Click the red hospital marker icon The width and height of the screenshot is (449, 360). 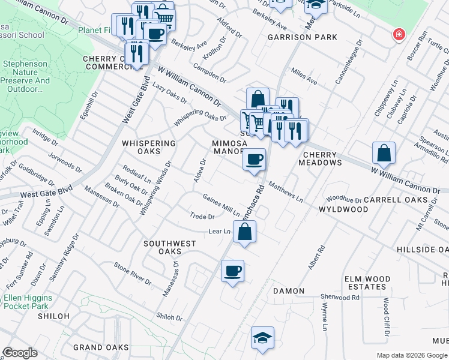[397, 35]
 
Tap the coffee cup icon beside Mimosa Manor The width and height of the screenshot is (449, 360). [255, 160]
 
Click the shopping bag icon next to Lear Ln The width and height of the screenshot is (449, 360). [245, 232]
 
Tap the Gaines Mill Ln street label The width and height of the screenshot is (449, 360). [221, 205]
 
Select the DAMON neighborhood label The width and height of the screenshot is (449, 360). [289, 291]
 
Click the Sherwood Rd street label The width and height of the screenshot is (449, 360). [340, 297]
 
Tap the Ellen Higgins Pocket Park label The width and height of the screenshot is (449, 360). [28, 302]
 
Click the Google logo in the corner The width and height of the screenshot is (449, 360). [20, 353]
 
